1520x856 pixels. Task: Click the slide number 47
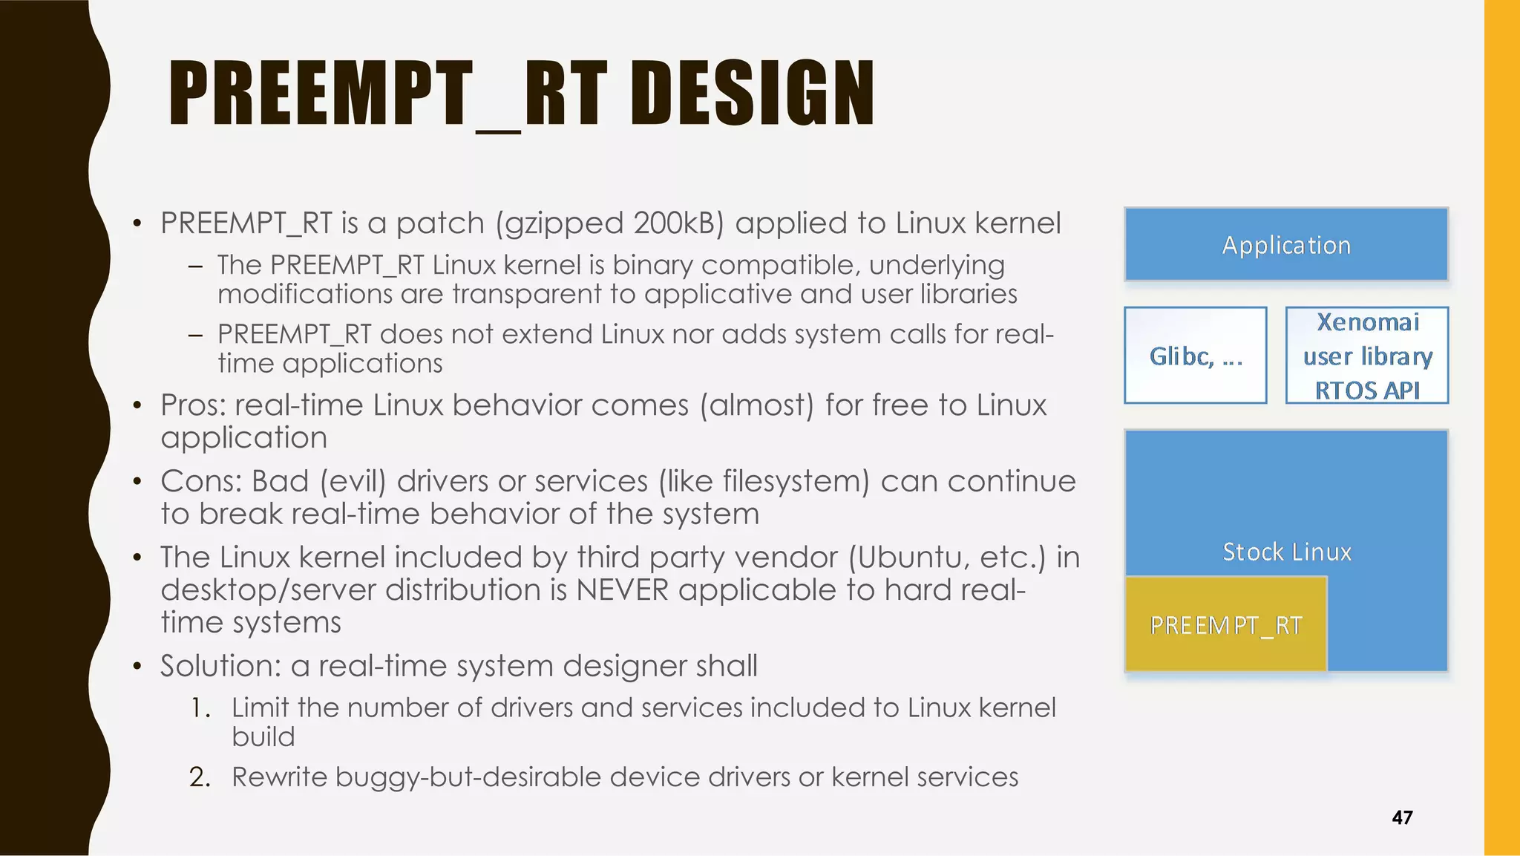1402,817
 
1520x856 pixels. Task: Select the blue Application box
1286,244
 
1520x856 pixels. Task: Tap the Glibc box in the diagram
1195,356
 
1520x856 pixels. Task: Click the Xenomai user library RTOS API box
1366,356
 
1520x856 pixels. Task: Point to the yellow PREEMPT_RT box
1225,624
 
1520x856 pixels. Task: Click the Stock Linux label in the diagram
1286,552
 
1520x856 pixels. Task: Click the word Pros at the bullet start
192,405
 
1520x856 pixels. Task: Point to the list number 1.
198,708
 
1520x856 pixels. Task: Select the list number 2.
198,777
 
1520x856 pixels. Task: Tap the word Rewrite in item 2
279,777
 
